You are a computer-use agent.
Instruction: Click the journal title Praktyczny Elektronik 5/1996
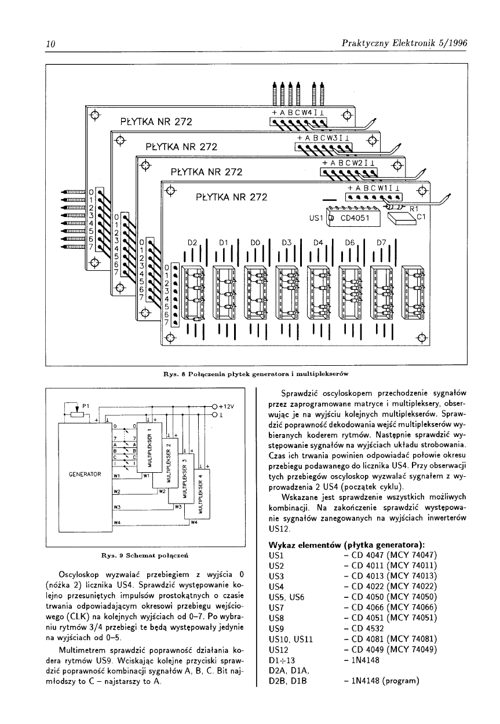coord(404,43)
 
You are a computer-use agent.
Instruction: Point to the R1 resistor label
coord(414,207)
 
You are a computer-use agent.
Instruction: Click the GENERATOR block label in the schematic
coord(85,473)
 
